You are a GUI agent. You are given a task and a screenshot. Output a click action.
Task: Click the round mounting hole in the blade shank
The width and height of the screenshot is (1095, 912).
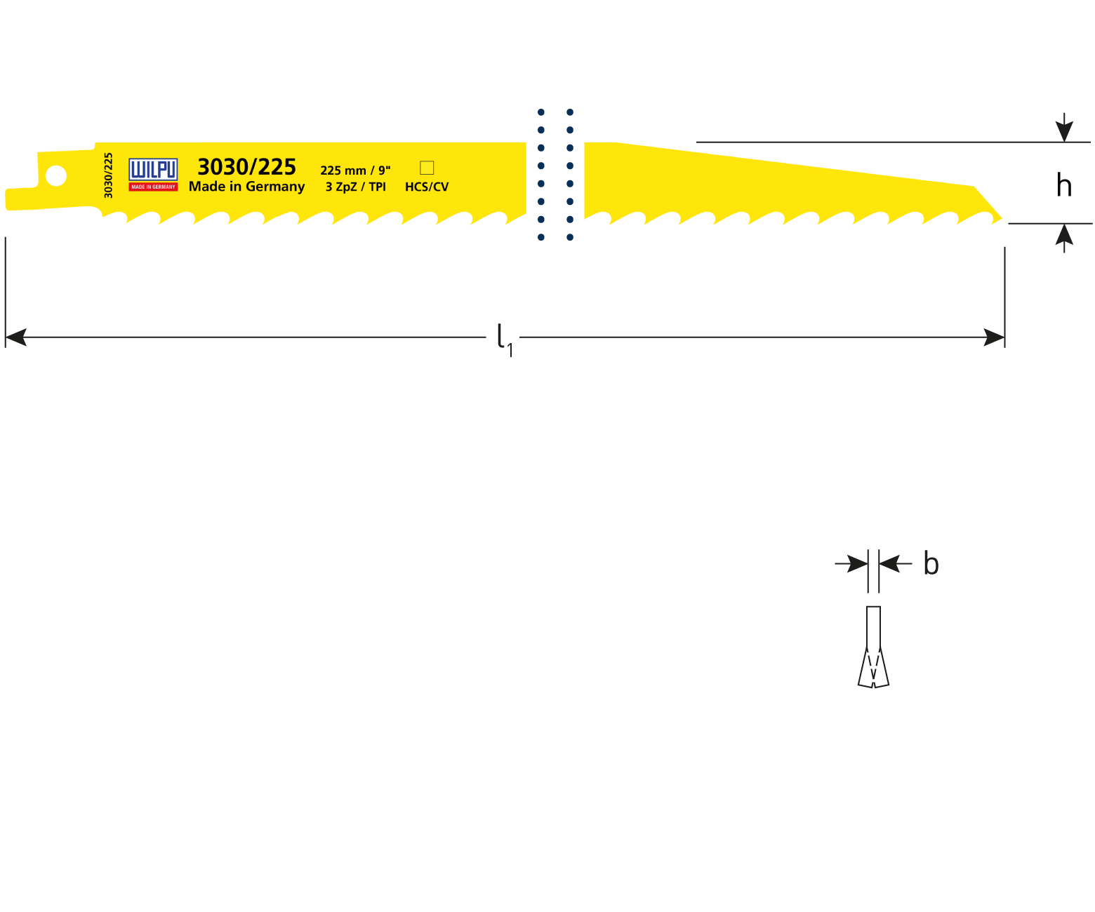tap(56, 175)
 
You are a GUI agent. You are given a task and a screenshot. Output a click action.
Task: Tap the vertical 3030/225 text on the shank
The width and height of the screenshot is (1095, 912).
tap(108, 175)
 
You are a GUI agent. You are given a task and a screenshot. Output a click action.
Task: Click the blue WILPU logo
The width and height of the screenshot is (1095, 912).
tap(153, 170)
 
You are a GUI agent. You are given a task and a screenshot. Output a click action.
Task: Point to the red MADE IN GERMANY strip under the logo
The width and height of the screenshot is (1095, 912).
tap(153, 187)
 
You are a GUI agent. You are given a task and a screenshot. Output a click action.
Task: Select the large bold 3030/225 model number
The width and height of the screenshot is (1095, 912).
tap(246, 167)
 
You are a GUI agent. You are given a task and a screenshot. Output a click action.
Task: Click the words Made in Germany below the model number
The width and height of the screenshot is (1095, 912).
tap(246, 187)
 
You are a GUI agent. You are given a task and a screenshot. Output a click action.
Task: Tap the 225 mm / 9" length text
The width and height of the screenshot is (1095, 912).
tap(355, 170)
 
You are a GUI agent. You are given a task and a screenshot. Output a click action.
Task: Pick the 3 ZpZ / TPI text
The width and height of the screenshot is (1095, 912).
tap(355, 187)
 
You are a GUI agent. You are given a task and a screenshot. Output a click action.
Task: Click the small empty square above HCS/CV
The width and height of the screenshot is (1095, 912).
tap(427, 168)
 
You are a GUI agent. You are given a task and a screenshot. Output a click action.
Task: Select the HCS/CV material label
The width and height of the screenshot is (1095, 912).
tap(427, 187)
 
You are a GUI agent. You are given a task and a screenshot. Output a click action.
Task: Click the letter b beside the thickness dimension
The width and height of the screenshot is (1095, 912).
tap(931, 564)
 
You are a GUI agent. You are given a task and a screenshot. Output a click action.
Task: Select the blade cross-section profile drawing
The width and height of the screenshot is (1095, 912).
tap(873, 647)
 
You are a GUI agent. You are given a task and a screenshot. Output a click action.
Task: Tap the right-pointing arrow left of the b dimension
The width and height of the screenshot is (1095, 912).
tap(857, 563)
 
